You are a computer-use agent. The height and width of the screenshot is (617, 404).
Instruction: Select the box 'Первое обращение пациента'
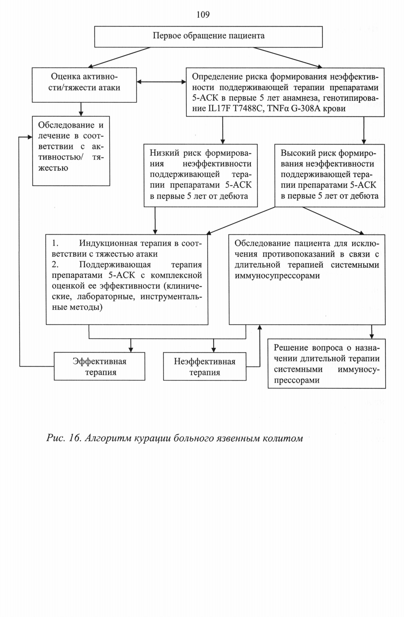pos(208,37)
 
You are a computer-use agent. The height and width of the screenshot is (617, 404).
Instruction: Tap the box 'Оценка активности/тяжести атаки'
pos(84,85)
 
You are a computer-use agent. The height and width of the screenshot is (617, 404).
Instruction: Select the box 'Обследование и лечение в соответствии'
pos(71,151)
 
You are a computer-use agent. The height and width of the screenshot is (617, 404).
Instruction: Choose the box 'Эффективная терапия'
pos(100,366)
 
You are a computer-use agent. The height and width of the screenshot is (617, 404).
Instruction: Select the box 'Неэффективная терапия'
pos(205,366)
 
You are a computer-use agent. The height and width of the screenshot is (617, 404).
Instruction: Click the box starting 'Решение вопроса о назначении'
pos(327,364)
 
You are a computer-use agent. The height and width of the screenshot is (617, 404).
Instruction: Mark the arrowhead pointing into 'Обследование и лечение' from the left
pos(30,137)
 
